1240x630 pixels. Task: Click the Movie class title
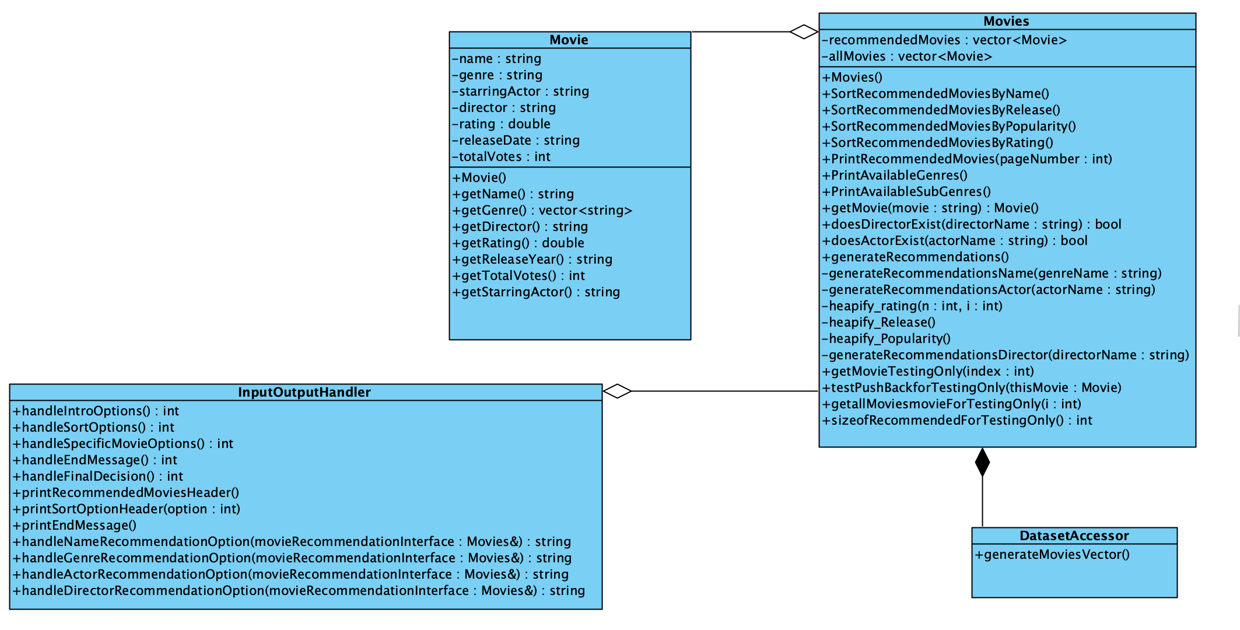[569, 40]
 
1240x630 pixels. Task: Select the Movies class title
[1006, 21]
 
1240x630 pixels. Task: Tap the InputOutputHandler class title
[304, 392]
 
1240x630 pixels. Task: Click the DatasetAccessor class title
[1074, 535]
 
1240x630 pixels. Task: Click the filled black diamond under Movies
[982, 462]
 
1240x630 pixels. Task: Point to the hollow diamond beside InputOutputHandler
[617, 391]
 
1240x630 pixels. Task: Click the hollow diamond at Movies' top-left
[804, 32]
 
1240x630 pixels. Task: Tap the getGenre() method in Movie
[542, 210]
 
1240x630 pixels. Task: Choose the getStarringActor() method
[537, 292]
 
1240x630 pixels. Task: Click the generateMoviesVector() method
[1052, 554]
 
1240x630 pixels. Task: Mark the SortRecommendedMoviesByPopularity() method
[949, 126]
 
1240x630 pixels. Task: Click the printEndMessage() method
[75, 525]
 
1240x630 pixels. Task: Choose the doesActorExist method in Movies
[955, 240]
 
